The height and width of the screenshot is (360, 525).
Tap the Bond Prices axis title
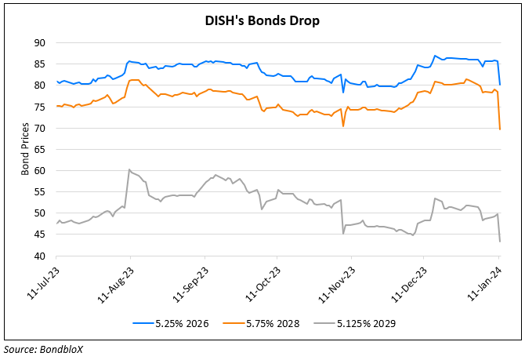click(24, 150)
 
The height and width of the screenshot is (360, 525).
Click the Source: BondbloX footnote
click(43, 350)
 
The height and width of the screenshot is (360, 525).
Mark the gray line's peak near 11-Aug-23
click(129, 169)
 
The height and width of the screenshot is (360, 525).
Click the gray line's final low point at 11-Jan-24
click(500, 241)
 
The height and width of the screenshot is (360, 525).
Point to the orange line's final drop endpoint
click(500, 129)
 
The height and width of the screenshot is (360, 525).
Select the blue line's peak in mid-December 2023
click(435, 56)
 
